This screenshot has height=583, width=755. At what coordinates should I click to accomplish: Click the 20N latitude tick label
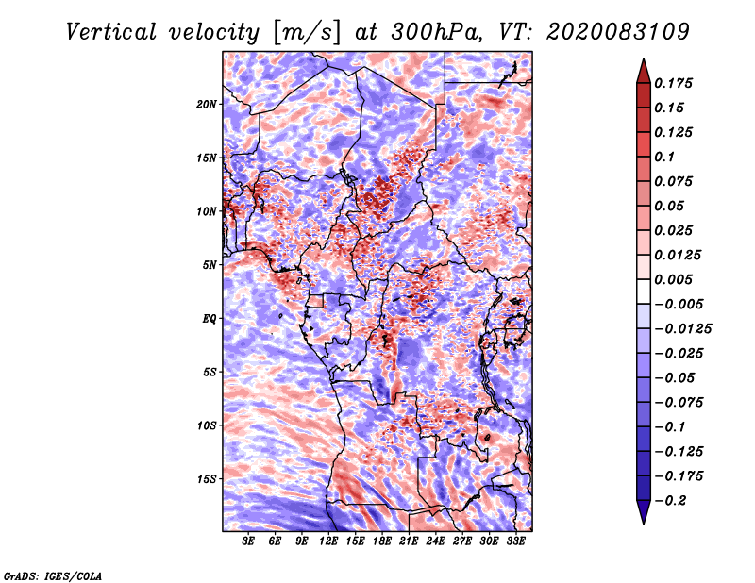pos(207,105)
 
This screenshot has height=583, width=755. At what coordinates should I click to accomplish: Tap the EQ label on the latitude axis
pos(210,319)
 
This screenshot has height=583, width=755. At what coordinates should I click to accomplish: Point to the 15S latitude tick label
pos(207,479)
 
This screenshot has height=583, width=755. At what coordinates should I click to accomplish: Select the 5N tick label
pos(210,265)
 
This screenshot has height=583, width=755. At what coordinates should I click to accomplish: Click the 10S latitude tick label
pos(207,426)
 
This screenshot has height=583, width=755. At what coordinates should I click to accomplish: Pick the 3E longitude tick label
pos(248,541)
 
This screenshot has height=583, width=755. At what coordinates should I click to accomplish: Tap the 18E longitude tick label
pos(382,541)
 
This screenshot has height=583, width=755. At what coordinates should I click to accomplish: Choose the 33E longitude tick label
pos(515,541)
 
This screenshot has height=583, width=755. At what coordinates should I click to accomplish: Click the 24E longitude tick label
pos(435,541)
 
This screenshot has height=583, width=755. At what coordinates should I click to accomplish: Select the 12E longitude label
pos(328,541)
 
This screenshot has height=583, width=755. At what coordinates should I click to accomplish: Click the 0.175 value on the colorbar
pos(674,83)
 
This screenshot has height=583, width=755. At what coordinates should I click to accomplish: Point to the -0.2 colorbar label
pos(670,501)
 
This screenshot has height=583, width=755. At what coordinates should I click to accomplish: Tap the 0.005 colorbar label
pos(674,279)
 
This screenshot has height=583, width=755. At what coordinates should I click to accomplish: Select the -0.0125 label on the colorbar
pos(682,329)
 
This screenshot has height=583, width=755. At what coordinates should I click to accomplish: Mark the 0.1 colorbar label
pos(665,157)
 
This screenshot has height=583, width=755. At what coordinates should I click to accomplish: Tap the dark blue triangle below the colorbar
pos(644,510)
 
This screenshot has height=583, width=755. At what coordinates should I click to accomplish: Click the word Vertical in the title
pos(111,32)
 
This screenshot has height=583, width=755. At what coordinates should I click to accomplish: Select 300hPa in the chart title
pos(436,32)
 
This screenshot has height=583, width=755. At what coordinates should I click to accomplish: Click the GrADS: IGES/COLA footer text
pos(53,576)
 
